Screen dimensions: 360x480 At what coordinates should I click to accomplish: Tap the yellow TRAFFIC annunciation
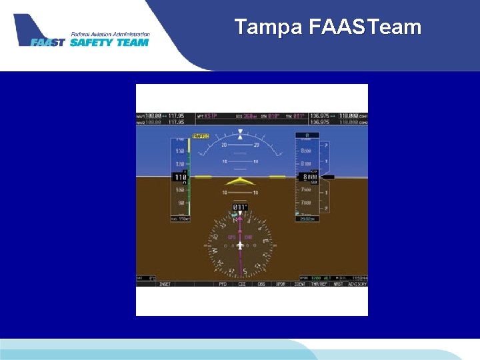click(200, 136)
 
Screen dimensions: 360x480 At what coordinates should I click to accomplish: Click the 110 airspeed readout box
click(181, 177)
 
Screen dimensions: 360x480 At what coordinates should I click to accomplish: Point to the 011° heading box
click(240, 207)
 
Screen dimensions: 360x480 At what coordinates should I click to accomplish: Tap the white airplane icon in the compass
click(240, 245)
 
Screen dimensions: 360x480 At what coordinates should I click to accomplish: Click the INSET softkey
click(164, 284)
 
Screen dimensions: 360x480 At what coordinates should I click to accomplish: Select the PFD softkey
click(223, 284)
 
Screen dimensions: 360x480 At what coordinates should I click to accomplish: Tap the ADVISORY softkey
click(357, 284)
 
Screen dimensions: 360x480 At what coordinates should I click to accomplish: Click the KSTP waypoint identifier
click(211, 117)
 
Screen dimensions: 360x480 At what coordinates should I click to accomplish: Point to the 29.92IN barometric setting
click(307, 219)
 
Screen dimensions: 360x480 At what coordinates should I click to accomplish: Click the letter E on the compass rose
click(265, 241)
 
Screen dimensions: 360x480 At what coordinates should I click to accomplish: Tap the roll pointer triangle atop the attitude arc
click(240, 137)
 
